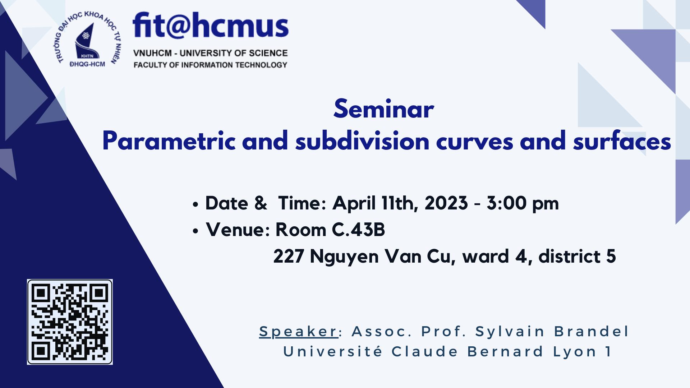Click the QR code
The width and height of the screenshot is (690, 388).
pos(70,322)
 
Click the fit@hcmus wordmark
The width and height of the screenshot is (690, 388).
pos(211,26)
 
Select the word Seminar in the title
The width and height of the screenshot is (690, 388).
pos(383,110)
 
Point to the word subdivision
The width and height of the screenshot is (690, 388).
pos(363,142)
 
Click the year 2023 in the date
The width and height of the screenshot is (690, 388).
pos(446,203)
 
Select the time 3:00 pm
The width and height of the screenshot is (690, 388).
pos(523,204)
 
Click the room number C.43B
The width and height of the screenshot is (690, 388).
pos(358,230)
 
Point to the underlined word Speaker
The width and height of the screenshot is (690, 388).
pos(298,332)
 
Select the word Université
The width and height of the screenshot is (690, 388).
pos(333,351)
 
